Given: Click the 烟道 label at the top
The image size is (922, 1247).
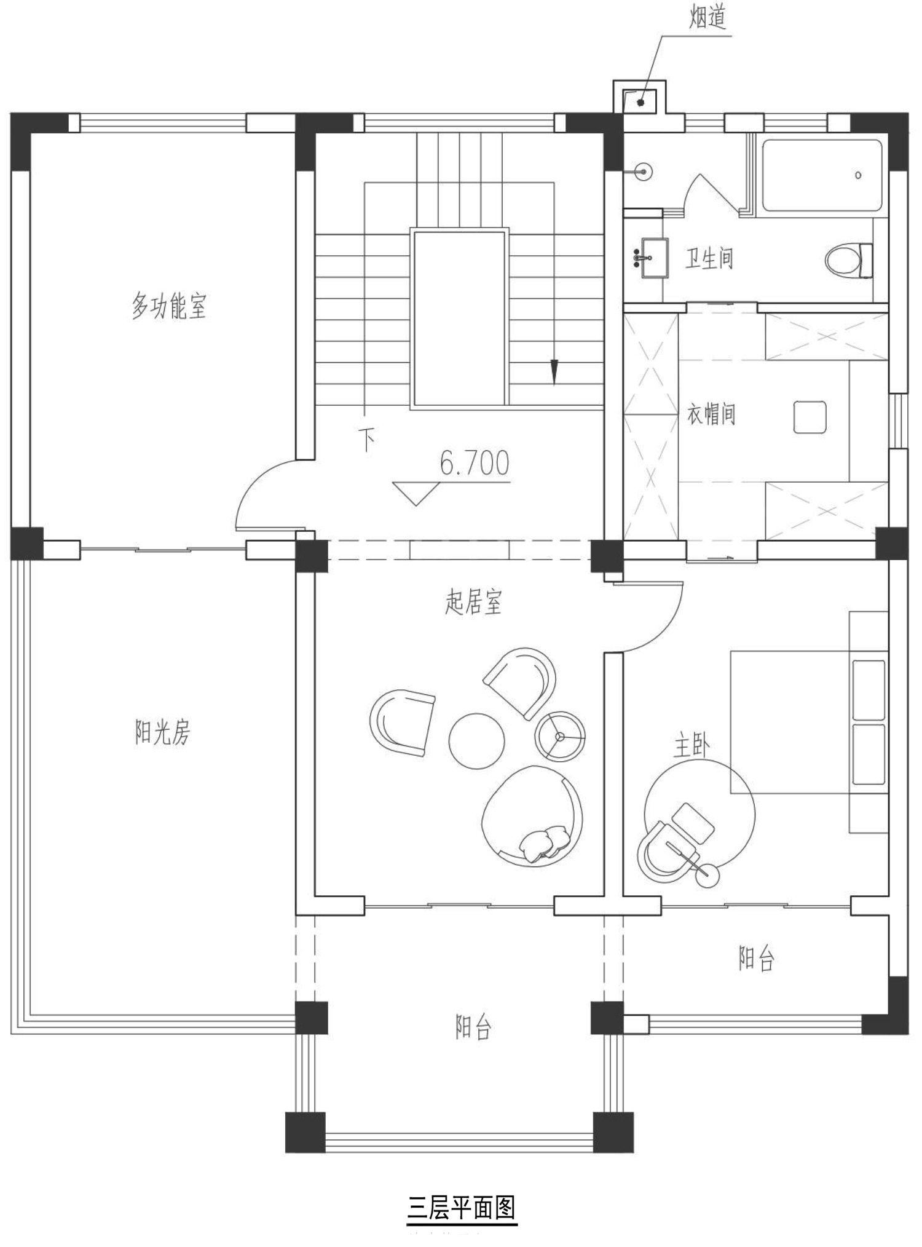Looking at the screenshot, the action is pos(707,17).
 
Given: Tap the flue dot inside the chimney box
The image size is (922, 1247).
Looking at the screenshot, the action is pos(640,103).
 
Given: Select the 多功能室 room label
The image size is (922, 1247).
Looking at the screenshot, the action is pos(169,306).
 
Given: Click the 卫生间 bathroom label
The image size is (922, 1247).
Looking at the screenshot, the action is pos(709,258).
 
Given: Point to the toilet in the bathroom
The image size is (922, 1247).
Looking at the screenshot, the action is pos(849,260).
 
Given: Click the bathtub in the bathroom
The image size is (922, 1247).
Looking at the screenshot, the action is pos(822,175).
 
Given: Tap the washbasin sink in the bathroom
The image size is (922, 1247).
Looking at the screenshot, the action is pos(654,258).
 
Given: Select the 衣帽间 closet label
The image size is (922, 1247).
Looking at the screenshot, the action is pos(711,414).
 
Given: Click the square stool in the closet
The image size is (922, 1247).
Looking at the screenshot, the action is pos(810,417).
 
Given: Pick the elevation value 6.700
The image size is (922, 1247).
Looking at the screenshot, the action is pos(475,463).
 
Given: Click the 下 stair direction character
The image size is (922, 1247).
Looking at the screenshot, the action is pos(367,440).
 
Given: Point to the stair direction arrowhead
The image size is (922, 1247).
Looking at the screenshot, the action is pos(554,372).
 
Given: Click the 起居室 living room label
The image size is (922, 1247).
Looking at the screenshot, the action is pos(473,602).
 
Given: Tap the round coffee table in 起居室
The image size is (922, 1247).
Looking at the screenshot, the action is pos(477,740).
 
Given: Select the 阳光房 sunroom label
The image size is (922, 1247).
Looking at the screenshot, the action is pos(162,732).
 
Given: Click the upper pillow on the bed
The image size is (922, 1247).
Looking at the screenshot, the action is pos(869,690).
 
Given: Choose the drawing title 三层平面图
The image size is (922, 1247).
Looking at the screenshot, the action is pos(462,1207).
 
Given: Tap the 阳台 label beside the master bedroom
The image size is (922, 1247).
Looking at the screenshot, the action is pos(757,958).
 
